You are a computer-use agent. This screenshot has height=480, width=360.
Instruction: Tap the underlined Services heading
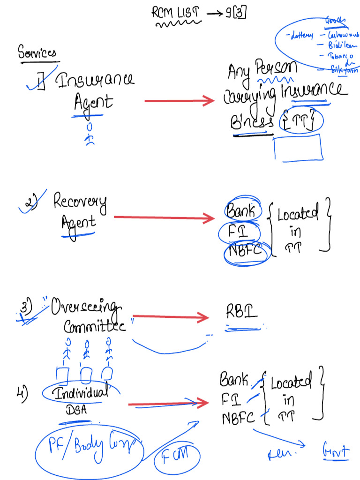37,52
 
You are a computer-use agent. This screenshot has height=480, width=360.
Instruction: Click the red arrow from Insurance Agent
179,100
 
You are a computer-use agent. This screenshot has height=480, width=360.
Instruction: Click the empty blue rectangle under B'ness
298,148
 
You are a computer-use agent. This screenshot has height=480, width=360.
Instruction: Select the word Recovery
80,202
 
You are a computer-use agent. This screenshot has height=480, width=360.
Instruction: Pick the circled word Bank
241,211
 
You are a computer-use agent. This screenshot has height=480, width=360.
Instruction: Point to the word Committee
94,326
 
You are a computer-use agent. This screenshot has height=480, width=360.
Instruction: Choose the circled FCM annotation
180,455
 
